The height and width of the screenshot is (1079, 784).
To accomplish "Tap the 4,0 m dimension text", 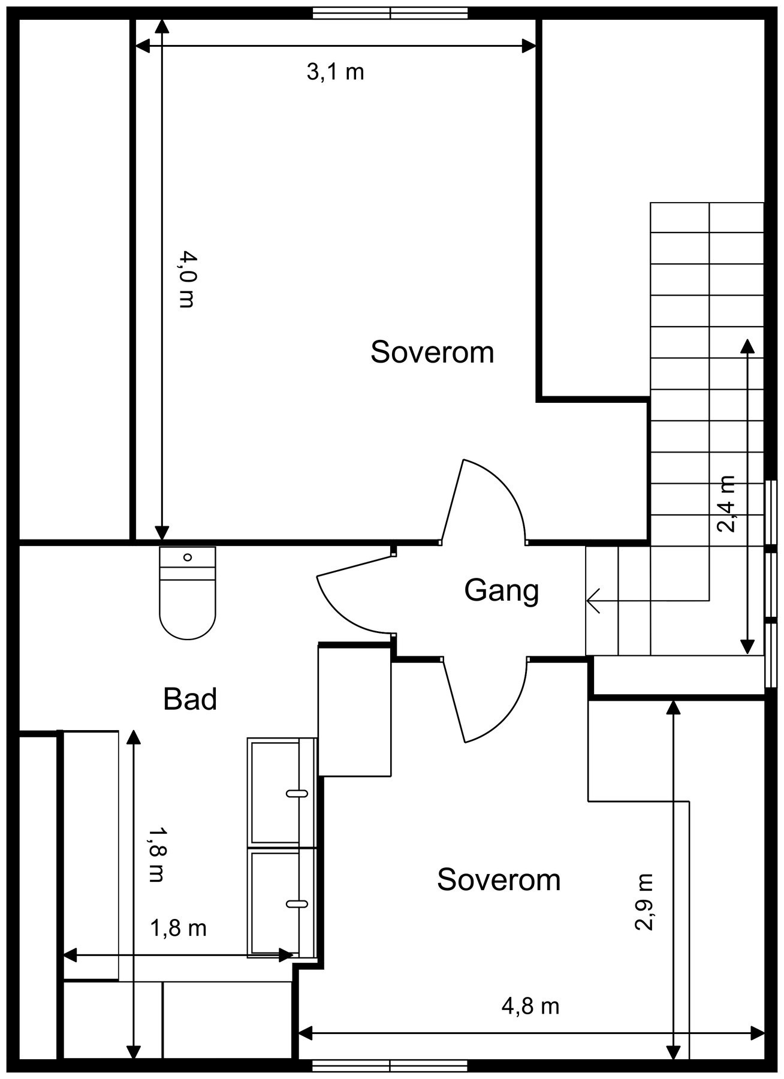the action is (187, 280).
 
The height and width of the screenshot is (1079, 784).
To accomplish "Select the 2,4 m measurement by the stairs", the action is (726, 504).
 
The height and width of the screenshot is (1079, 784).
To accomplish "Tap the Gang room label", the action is (502, 591).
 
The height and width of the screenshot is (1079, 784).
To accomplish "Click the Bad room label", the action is (190, 699).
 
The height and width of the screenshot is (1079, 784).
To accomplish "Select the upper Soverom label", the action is (432, 352).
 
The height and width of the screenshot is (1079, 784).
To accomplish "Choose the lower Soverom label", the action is (499, 880).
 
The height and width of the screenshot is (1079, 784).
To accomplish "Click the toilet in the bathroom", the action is (187, 592).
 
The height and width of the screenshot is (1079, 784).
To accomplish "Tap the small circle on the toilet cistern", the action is (188, 557).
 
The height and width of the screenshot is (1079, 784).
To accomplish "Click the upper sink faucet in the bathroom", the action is (297, 794).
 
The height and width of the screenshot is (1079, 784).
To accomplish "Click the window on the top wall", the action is (390, 13).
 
